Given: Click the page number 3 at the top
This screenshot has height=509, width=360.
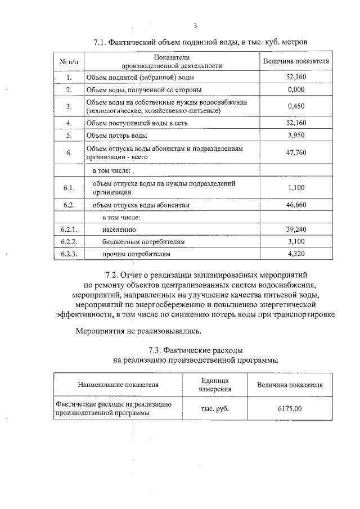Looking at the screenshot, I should click(195, 25).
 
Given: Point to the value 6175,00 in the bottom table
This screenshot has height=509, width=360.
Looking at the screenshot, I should click(290, 409).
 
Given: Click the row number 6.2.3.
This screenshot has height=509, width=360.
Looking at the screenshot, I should click(69, 254).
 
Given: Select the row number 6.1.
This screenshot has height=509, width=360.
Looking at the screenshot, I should click(69, 187).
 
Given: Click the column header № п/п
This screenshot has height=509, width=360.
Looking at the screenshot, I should click(69, 61).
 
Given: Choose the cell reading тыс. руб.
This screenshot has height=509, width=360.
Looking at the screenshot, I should click(215, 409).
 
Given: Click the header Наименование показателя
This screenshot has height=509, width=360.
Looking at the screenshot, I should click(118, 385).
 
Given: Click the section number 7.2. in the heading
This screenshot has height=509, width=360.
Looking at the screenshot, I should click(115, 275).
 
